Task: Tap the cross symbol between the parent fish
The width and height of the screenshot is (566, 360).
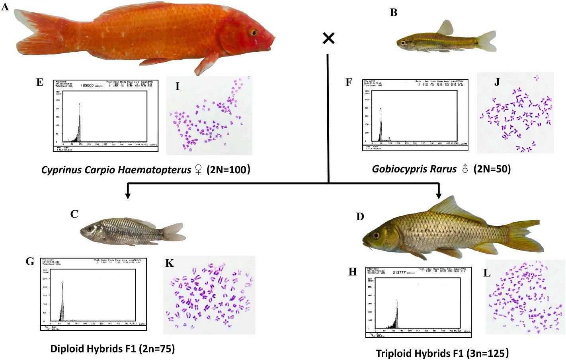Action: click(328, 38)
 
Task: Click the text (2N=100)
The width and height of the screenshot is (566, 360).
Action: click(228, 170)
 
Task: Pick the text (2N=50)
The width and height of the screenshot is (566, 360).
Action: click(492, 169)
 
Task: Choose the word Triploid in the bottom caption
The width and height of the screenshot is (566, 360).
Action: click(396, 353)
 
